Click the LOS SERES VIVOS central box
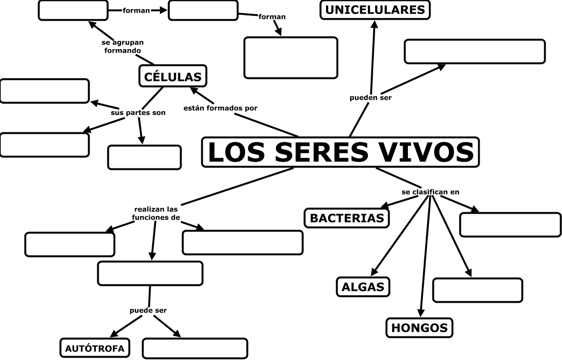(x=340, y=152)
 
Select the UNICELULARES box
(x=375, y=10)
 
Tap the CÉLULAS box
(x=173, y=76)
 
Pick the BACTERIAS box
(x=347, y=218)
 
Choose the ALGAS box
(x=363, y=287)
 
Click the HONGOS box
(x=419, y=328)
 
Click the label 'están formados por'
(x=220, y=108)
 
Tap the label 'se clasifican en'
(x=430, y=192)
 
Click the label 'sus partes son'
(x=138, y=113)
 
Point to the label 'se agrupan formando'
(x=123, y=46)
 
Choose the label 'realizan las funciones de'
(x=156, y=213)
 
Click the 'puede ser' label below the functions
(x=148, y=310)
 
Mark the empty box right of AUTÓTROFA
(x=195, y=348)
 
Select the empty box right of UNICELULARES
(x=474, y=51)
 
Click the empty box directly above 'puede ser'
(x=150, y=273)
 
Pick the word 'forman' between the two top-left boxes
(x=136, y=10)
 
